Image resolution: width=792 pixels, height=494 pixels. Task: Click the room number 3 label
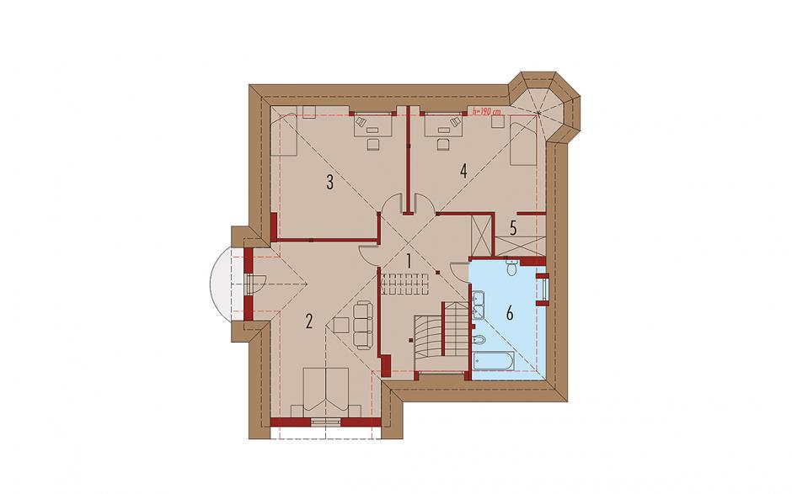329,182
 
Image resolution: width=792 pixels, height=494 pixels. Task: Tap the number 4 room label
463,171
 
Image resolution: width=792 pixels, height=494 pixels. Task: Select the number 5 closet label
512,229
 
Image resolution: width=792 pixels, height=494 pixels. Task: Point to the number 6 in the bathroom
510,313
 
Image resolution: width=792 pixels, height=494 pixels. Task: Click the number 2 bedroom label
309,321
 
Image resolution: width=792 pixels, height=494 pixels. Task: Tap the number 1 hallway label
409,261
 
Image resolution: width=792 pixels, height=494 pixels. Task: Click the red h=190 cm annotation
486,111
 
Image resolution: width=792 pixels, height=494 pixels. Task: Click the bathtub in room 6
494,361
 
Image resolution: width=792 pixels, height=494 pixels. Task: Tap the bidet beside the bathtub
479,340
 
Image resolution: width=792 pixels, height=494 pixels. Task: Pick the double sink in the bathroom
478,305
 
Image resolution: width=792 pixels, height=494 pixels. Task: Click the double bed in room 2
327,392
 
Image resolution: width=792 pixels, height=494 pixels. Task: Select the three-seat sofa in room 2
362,326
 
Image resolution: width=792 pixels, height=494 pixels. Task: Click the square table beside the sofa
341,325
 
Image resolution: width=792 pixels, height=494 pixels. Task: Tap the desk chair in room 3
372,145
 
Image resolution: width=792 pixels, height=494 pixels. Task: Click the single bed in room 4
522,141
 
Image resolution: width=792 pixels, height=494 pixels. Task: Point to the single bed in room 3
284,134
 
